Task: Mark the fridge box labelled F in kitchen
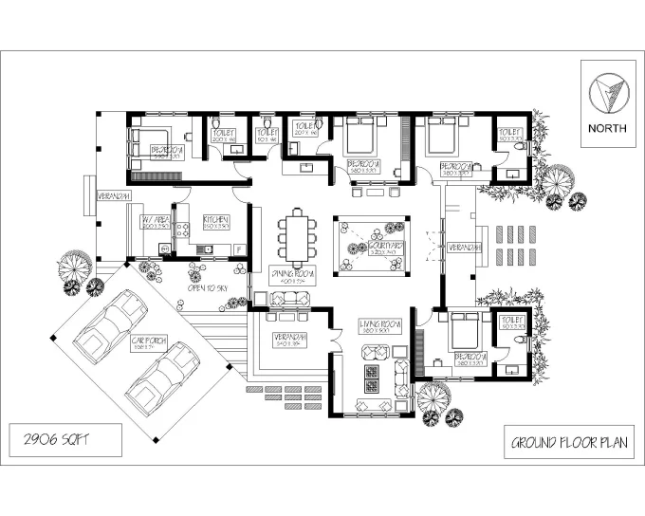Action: (x=239, y=249)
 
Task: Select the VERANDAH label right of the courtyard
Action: (x=466, y=248)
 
